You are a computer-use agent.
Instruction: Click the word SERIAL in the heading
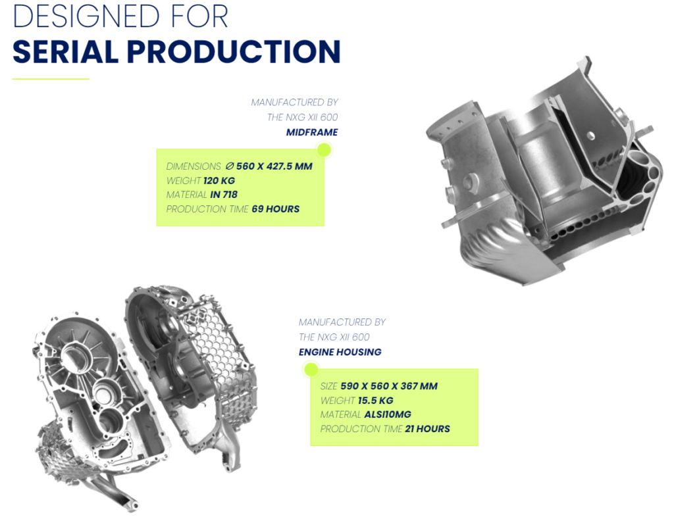(x=65, y=52)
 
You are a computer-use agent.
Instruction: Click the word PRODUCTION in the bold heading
(x=234, y=52)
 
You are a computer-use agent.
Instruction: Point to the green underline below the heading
(x=51, y=79)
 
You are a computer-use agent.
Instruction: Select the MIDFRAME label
(x=312, y=132)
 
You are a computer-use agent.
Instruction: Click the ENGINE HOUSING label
(x=340, y=352)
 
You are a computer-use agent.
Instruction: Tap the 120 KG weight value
(x=219, y=181)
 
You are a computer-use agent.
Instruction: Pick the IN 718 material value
(x=224, y=195)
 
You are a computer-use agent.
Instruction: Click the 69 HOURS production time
(x=276, y=209)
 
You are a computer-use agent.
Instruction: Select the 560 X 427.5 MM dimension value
(x=274, y=166)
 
